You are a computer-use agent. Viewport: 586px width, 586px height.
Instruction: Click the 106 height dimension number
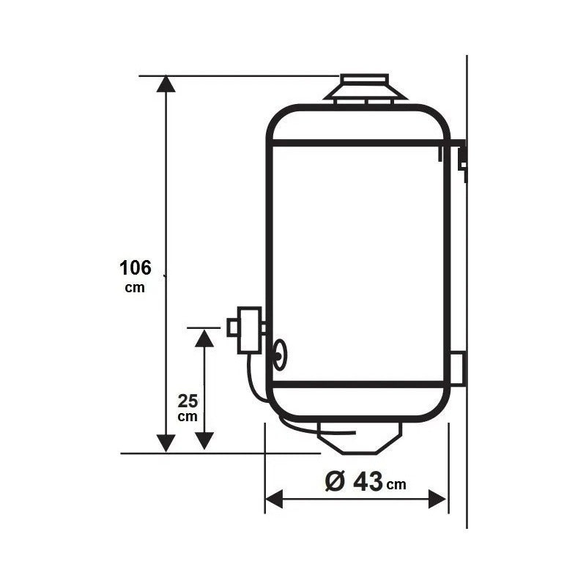point(136,268)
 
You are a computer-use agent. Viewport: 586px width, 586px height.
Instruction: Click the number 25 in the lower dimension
point(188,401)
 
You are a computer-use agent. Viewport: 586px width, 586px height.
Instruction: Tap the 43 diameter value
point(368,482)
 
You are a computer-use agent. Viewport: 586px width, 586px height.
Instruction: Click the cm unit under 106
point(135,288)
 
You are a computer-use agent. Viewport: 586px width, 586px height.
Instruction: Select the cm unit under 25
point(188,417)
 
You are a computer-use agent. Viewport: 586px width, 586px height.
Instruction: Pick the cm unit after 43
point(396,485)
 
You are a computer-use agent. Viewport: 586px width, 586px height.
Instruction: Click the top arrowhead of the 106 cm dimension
point(166,84)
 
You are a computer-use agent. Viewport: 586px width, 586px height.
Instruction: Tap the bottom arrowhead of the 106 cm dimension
point(166,444)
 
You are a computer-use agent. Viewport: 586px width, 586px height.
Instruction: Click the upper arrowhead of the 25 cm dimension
point(204,338)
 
